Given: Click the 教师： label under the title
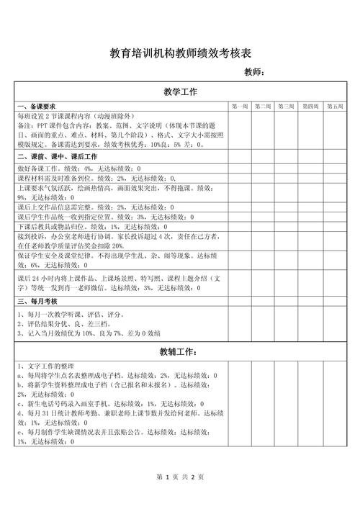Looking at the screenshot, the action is pyautogui.click(x=255, y=72).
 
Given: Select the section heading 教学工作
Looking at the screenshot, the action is pyautogui.click(x=180, y=92).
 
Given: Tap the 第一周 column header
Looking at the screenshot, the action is pyautogui.click(x=240, y=107).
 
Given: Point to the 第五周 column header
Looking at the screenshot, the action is pyautogui.click(x=335, y=107).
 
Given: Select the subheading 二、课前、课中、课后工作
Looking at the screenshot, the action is pyautogui.click(x=57, y=156).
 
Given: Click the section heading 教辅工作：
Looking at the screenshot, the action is pyautogui.click(x=180, y=352).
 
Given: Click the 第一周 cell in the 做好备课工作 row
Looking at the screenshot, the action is pyautogui.click(x=240, y=167).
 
